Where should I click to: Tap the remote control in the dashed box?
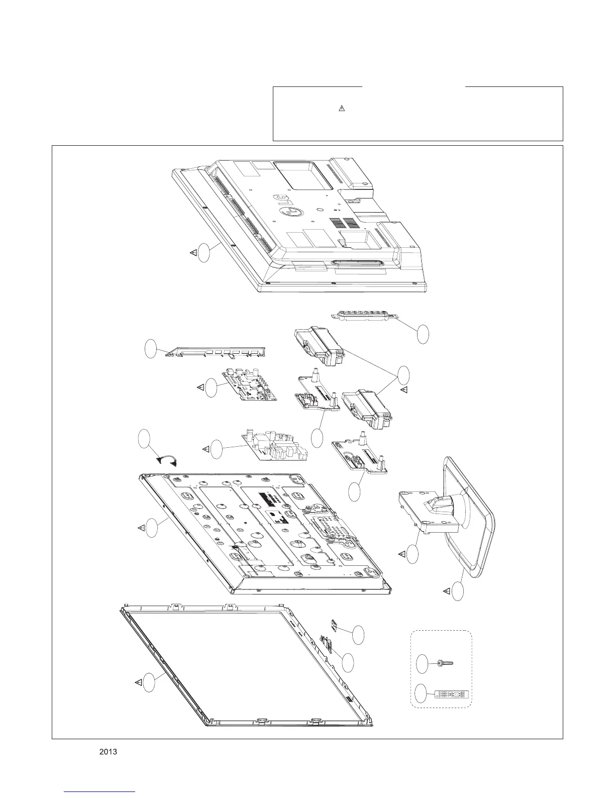[x=453, y=695]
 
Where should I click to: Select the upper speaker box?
[x=320, y=346]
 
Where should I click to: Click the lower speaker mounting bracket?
[x=360, y=456]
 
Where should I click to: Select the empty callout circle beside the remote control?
[x=422, y=695]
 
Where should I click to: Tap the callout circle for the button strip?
[x=423, y=334]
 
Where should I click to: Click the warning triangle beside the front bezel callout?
[x=138, y=682]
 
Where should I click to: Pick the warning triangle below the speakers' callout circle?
[x=403, y=389]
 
